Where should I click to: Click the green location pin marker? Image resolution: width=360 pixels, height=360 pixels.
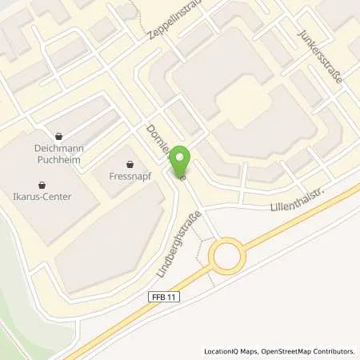[x=182, y=159]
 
